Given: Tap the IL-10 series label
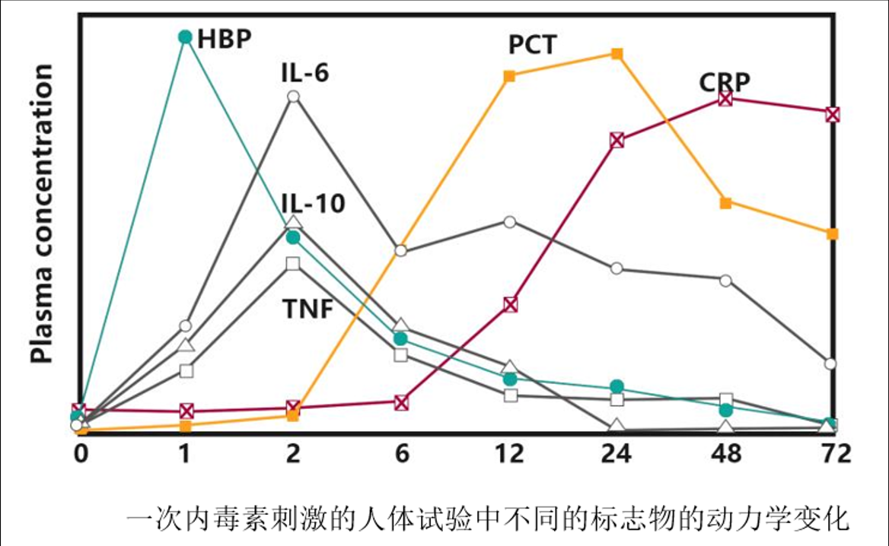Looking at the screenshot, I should [x=312, y=203].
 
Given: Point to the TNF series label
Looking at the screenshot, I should [x=307, y=310].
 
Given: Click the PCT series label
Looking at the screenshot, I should [x=533, y=45].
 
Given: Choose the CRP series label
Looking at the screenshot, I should [x=725, y=81].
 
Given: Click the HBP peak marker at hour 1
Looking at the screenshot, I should [x=185, y=37].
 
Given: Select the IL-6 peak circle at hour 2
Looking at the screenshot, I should [x=294, y=97].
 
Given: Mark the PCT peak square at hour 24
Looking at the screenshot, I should [x=617, y=53].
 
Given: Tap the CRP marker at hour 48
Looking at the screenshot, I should [x=725, y=98].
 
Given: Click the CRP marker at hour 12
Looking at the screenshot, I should [x=510, y=304].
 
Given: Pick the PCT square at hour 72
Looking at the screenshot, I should [x=833, y=233].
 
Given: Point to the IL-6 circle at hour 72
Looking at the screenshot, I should [x=830, y=363].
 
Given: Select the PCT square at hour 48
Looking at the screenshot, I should [x=725, y=203].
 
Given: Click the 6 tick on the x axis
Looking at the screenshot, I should [x=402, y=454].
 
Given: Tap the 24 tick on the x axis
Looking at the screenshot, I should [x=617, y=454].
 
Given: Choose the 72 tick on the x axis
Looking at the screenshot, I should [x=834, y=454].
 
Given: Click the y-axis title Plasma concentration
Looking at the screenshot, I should [x=42, y=214].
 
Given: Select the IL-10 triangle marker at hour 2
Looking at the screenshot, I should [x=294, y=223].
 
